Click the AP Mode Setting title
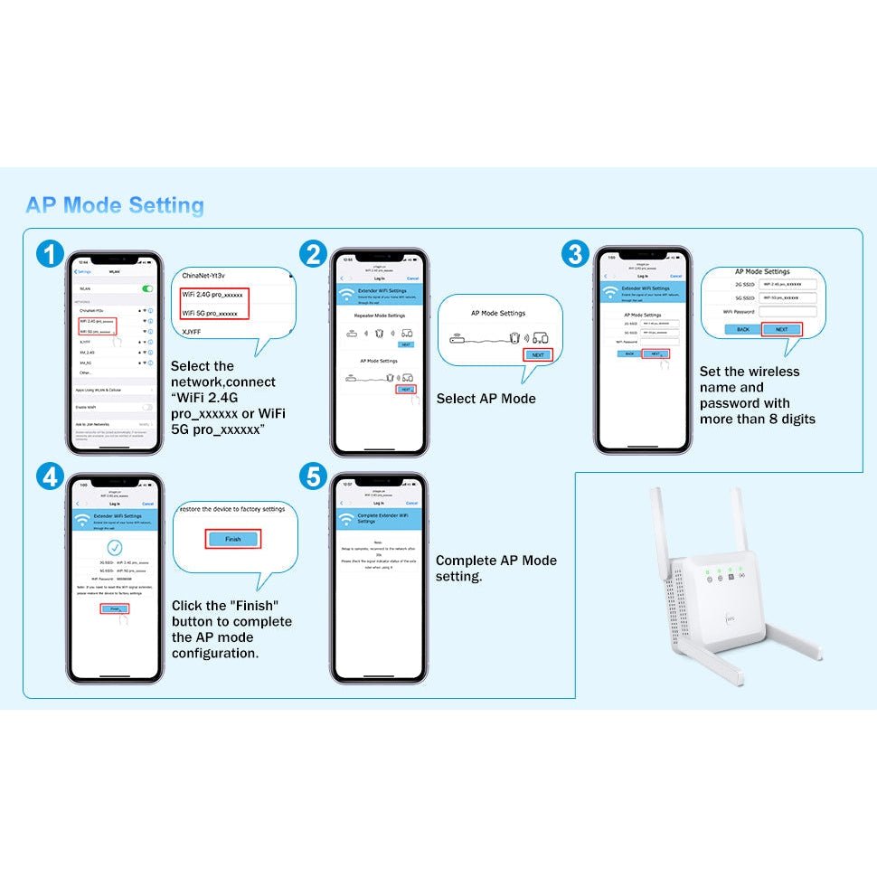coord(115,205)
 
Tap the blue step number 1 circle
coord(52,255)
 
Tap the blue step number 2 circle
coord(313,255)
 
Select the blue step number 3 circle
coord(575,255)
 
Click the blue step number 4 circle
coord(52,477)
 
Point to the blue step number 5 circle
coord(313,477)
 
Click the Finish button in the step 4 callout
coord(233,539)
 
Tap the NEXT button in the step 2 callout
coord(538,355)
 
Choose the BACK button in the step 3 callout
coord(743,329)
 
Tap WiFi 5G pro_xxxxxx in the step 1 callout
coord(211,314)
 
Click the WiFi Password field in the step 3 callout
coord(787,312)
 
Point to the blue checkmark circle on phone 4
coord(115,547)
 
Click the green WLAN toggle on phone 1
coord(146,288)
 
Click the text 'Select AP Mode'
coord(486,399)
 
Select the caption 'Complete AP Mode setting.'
coord(495,569)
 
